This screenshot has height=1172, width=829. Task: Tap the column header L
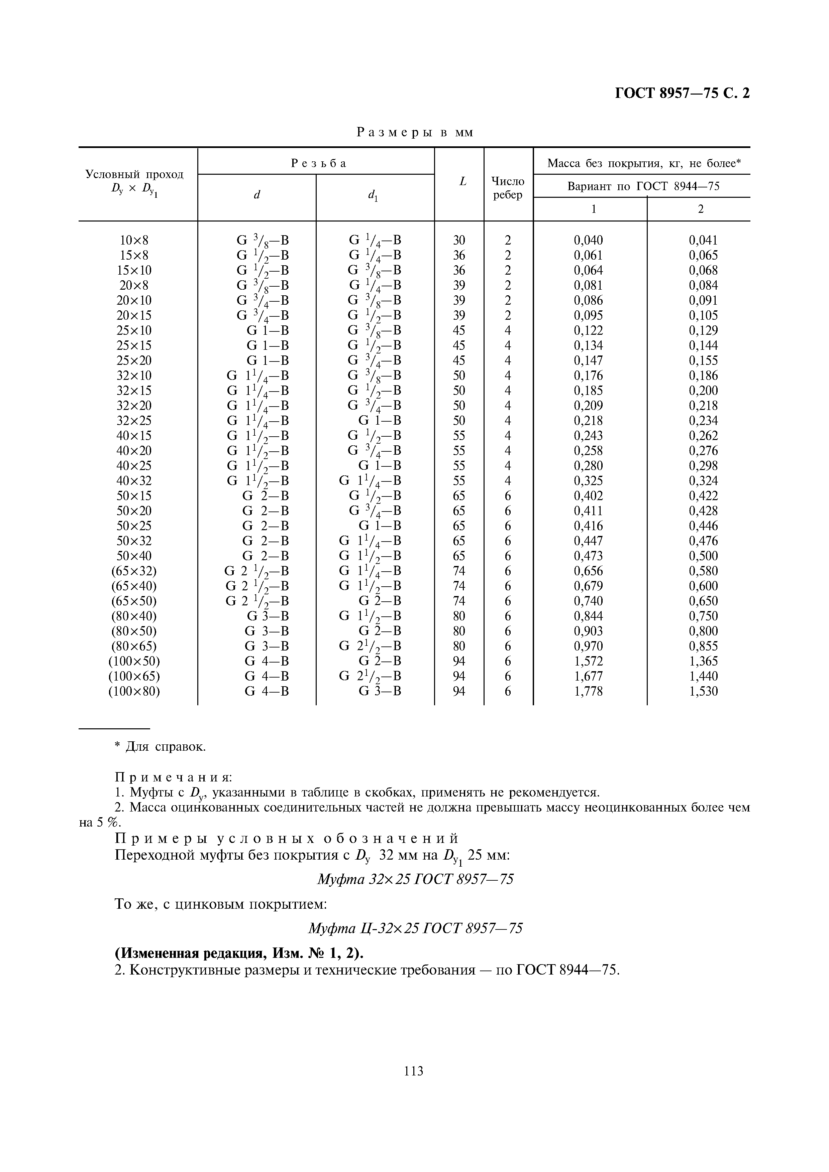tap(463, 181)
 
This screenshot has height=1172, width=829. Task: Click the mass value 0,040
tap(589, 240)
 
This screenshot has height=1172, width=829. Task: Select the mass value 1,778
tap(589, 691)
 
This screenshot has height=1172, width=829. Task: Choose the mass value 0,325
tap(589, 481)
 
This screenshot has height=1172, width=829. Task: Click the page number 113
tap(413, 1071)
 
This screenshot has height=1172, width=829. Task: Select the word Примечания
tap(173, 777)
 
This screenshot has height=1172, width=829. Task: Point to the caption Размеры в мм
tap(415, 133)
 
